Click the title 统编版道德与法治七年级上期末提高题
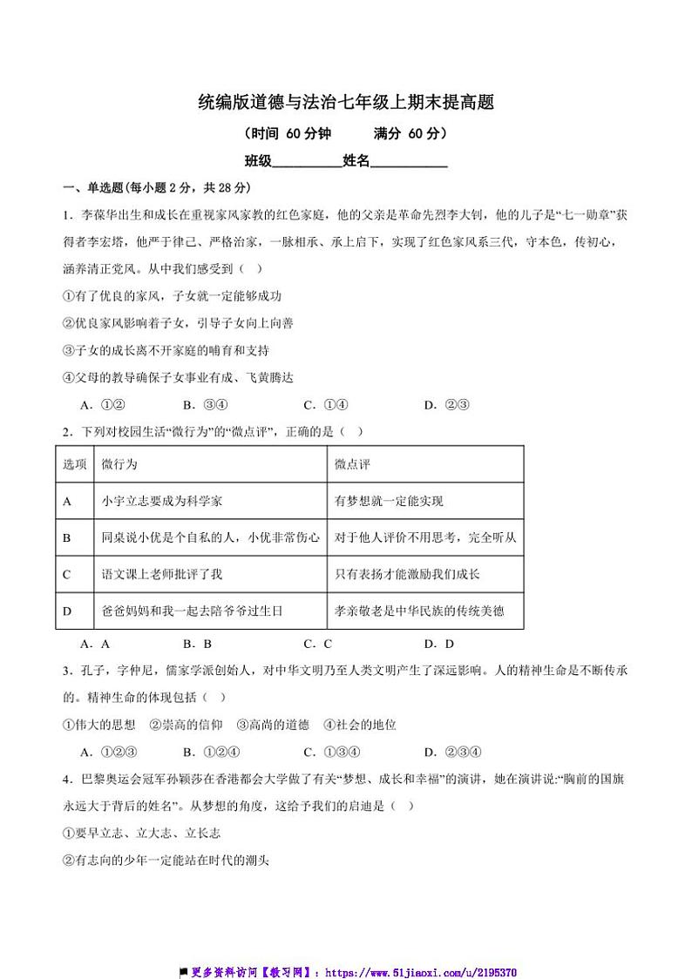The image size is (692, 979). [x=346, y=104]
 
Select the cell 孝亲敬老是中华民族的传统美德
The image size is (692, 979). [x=419, y=611]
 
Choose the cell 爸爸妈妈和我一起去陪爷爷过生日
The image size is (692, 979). [x=192, y=611]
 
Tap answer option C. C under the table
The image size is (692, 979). [x=318, y=644]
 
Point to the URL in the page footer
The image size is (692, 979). [x=422, y=971]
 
